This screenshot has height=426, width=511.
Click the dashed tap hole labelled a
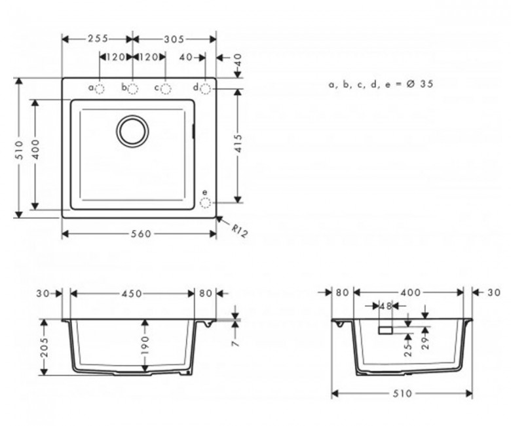click(100, 88)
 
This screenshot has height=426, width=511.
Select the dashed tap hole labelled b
click(132, 88)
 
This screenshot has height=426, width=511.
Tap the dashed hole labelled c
click(166, 88)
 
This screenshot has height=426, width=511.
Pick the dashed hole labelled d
click(205, 88)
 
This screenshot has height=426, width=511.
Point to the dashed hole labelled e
click(205, 203)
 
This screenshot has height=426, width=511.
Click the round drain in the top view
click(132, 131)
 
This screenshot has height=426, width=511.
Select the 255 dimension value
click(98, 39)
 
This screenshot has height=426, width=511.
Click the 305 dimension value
click(174, 39)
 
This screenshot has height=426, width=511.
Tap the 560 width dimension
click(141, 234)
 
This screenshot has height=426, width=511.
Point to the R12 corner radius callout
click(240, 231)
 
